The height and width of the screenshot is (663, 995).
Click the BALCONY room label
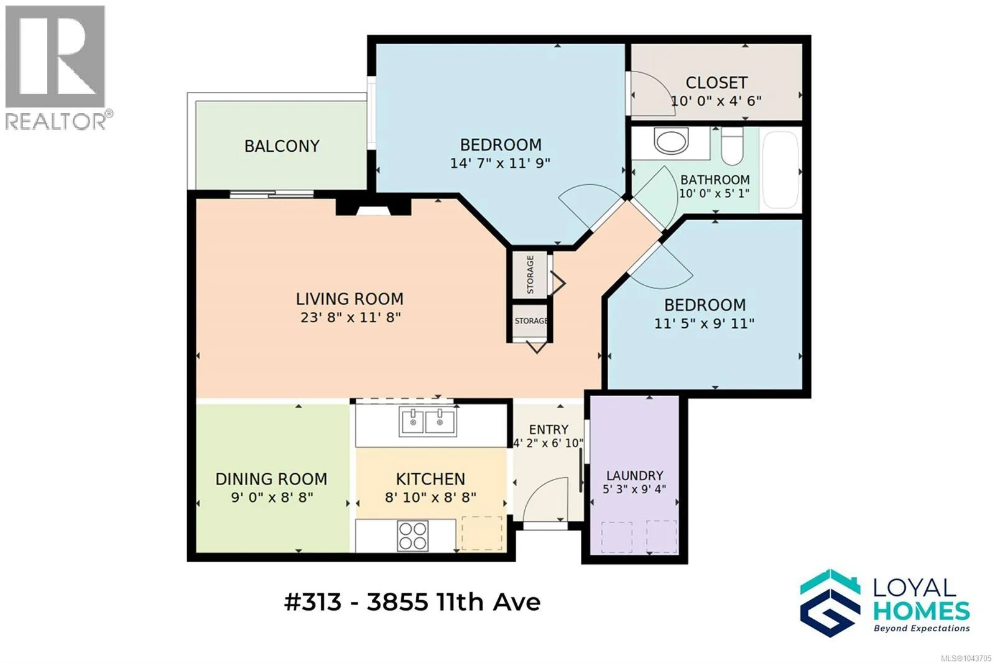[282, 146]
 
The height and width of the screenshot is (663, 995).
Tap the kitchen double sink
[427, 421]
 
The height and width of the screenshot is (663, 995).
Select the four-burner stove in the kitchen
[413, 536]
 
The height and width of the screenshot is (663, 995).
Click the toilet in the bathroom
[731, 146]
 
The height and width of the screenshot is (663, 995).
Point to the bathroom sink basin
[671, 141]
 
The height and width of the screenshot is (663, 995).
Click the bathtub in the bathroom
[780, 170]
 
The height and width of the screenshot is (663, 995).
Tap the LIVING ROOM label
[349, 299]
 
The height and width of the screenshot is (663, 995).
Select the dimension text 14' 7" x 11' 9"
[500, 163]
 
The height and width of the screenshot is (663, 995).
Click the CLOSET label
[716, 83]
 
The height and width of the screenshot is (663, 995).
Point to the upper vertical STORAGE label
[530, 274]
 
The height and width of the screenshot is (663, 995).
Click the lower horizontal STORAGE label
[531, 320]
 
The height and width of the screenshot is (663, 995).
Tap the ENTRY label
[548, 429]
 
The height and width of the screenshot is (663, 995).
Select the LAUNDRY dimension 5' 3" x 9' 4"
[634, 489]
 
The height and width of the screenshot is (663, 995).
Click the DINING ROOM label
[271, 479]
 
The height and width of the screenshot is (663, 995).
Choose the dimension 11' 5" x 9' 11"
[704, 323]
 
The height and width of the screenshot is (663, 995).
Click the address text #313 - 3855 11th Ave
[412, 603]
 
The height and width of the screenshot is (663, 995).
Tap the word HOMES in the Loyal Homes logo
[922, 611]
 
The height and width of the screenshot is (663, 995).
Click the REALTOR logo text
[56, 121]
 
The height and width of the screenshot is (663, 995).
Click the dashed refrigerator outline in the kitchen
[482, 533]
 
